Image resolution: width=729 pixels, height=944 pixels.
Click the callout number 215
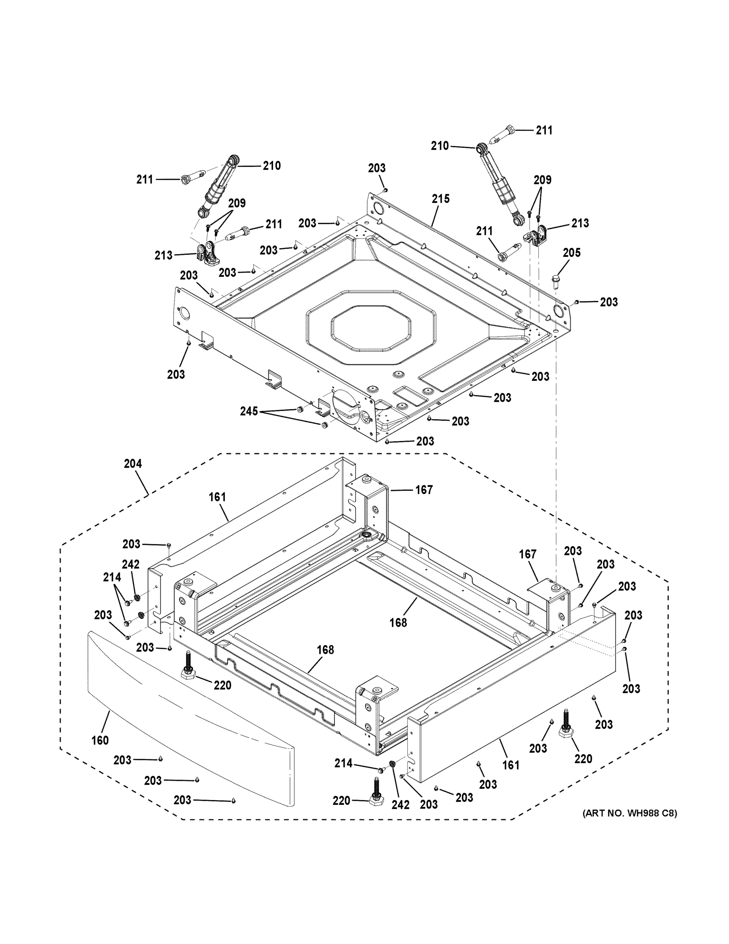pos(441,199)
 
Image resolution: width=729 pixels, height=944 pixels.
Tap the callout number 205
pos(571,253)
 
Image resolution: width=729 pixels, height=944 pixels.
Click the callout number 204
pos(132,464)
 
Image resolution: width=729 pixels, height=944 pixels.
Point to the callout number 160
pos(100,740)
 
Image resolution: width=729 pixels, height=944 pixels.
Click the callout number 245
pos(249,411)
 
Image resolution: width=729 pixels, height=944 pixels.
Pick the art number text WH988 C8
pos(630,813)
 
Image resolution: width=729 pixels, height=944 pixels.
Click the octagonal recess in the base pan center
pos(371,326)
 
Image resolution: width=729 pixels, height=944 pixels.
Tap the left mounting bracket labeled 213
pos(208,254)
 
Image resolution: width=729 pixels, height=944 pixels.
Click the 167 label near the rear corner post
pos(424,490)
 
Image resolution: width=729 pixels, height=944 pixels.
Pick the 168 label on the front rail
pos(325,650)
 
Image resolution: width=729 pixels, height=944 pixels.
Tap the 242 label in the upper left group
pos(130,564)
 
